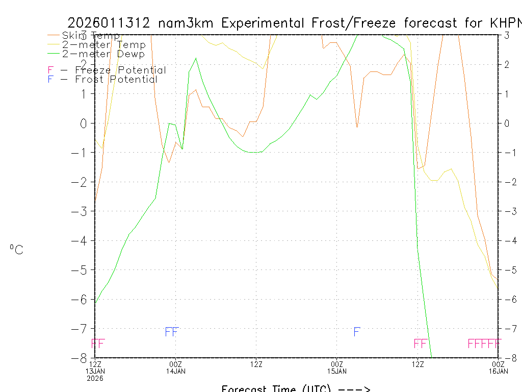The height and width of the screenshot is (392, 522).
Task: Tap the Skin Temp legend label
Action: pyautogui.click(x=91, y=36)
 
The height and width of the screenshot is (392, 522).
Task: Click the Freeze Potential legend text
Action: pyautogui.click(x=120, y=70)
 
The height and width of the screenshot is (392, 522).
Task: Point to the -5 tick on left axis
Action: pyautogui.click(x=84, y=269)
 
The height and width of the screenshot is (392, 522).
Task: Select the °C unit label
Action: pyautogui.click(x=16, y=250)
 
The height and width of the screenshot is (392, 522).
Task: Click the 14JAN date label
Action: pyautogui.click(x=176, y=371)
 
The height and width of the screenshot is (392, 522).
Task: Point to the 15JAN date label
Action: pyautogui.click(x=336, y=371)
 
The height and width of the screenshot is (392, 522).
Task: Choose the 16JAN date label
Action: pyautogui.click(x=498, y=371)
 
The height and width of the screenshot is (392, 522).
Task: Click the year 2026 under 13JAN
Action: pyautogui.click(x=95, y=378)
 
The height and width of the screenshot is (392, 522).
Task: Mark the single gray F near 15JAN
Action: pyautogui.click(x=357, y=332)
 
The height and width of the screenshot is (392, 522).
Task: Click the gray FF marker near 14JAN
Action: pyautogui.click(x=172, y=332)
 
